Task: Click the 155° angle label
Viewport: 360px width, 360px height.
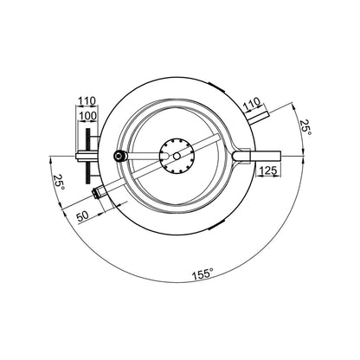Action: [x=203, y=273]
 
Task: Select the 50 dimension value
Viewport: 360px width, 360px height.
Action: [x=82, y=216]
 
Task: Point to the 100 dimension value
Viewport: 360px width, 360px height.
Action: [x=88, y=116]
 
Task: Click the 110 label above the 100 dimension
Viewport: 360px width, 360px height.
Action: [x=87, y=101]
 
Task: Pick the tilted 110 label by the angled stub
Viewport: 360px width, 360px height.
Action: [x=252, y=105]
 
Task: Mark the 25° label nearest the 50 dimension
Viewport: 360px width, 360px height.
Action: [x=59, y=182]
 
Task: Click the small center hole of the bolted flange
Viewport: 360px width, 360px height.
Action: [x=177, y=156]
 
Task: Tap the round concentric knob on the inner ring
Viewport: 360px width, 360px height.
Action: [x=119, y=156]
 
